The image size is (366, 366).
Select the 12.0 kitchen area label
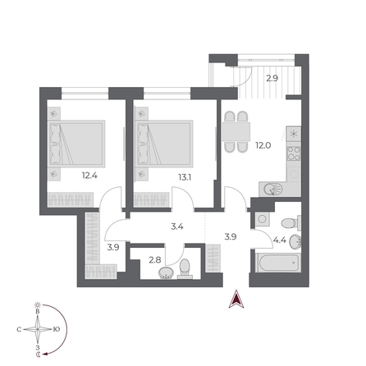tap(263, 147)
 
